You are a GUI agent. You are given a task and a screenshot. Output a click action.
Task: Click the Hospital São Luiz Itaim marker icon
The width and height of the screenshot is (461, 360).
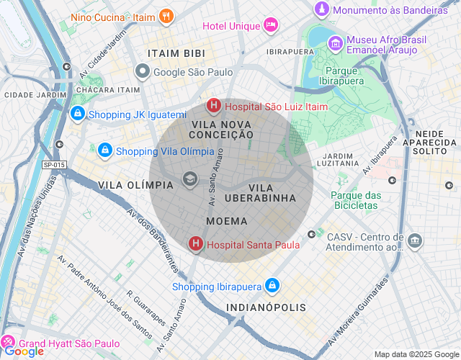click(214, 107)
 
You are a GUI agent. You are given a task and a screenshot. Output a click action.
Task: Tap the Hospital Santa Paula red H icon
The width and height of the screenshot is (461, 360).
click(195, 245)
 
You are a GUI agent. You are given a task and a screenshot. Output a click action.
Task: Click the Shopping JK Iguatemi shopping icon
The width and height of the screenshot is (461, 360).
click(77, 114)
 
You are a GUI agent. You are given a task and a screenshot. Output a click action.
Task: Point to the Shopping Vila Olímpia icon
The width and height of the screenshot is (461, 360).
click(105, 150)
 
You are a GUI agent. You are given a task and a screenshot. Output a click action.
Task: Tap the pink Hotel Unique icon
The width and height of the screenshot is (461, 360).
click(271, 26)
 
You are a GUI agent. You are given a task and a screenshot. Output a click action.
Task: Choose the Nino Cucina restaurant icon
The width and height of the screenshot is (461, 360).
click(166, 15)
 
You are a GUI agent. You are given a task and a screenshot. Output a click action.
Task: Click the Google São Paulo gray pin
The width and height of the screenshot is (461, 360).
click(143, 71)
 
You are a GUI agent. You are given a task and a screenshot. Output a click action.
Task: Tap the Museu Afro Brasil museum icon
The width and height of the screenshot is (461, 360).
click(335, 44)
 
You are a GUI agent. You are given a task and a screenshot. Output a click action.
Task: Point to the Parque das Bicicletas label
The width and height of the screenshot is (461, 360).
click(355, 200)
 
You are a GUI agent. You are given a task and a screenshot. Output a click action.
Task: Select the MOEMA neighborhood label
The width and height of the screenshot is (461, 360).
click(227, 221)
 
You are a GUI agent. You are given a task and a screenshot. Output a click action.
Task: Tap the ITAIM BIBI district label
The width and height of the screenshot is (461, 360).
click(176, 53)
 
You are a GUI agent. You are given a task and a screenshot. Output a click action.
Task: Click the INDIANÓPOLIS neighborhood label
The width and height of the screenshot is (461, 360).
click(266, 307)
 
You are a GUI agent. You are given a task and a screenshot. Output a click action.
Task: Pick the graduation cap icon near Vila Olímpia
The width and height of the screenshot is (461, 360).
click(189, 179)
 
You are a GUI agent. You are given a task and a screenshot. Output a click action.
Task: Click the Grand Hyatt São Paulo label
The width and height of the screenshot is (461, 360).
click(69, 344)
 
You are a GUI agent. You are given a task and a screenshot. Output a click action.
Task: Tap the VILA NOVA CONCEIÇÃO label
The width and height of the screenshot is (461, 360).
click(222, 129)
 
